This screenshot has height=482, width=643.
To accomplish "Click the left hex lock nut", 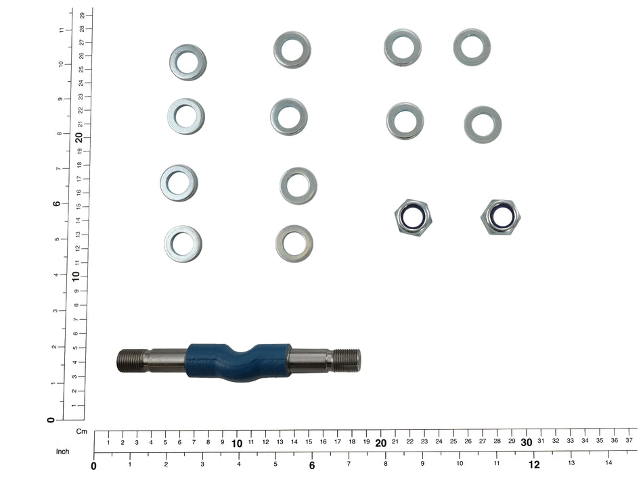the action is click(413, 216).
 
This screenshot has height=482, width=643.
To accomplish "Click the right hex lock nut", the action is click(501, 217).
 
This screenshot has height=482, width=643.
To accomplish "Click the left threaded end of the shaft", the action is click(132, 360).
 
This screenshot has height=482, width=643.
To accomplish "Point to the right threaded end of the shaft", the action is click(347, 360).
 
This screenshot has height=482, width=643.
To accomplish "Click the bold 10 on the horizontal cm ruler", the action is click(237, 443).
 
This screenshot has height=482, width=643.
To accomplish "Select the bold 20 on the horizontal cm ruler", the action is click(380, 443).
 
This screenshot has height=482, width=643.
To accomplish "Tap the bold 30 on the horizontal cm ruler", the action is click(527, 442).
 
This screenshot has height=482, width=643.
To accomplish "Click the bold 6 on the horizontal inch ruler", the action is click(312, 466).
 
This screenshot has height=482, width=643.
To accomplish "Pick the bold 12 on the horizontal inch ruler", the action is click(534, 464).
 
